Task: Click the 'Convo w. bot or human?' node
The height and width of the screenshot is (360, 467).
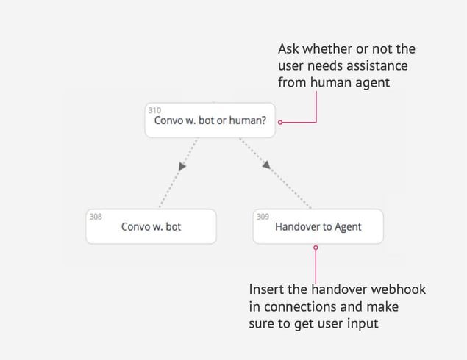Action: [210, 120]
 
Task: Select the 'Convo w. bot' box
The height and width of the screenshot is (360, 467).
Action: [151, 226]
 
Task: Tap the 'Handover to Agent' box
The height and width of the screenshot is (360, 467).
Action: [318, 226]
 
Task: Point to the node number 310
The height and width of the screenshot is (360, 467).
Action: [154, 110]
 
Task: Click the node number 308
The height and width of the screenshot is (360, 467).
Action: [96, 217]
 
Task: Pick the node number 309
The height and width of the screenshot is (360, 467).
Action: [263, 217]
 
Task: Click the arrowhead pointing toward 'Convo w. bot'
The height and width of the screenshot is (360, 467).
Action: [182, 166]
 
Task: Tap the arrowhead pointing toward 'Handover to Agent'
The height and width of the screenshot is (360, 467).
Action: [266, 165]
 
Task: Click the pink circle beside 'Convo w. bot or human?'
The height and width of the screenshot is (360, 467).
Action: [280, 122]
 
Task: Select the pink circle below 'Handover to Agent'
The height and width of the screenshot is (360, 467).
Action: [316, 248]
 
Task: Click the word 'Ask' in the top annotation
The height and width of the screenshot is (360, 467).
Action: [288, 48]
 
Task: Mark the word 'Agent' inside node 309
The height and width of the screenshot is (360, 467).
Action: [348, 227]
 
